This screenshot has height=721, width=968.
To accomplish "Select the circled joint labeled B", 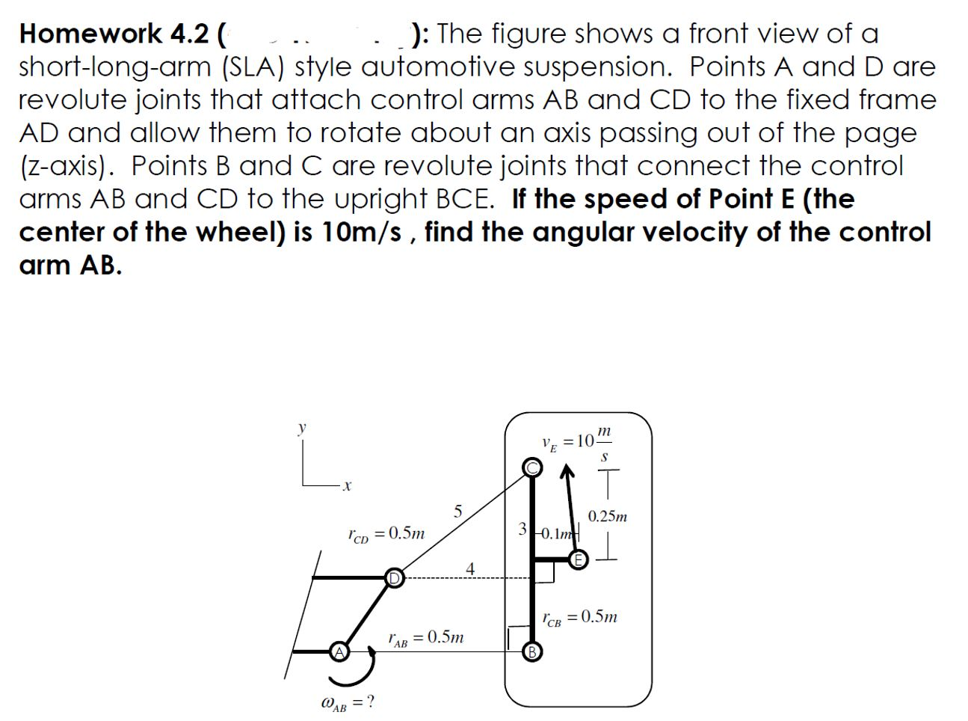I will [x=531, y=651].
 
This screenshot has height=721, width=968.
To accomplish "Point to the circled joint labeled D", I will [x=393, y=577].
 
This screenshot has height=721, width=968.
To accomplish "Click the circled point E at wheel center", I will [x=578, y=559].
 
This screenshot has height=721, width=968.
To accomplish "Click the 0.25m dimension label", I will [x=607, y=516].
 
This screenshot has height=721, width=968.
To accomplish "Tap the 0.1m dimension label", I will [x=556, y=533].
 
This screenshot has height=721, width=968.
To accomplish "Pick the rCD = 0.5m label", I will [x=386, y=533].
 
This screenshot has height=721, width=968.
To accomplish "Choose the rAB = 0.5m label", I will [x=425, y=638].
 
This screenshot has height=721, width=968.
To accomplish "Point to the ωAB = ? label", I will [x=347, y=702].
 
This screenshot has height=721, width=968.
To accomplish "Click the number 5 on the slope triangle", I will [x=458, y=512].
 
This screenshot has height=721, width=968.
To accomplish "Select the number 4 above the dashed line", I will [x=469, y=568].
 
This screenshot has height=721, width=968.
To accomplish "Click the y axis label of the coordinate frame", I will [x=302, y=429].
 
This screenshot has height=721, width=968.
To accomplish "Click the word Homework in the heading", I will [x=90, y=34].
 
